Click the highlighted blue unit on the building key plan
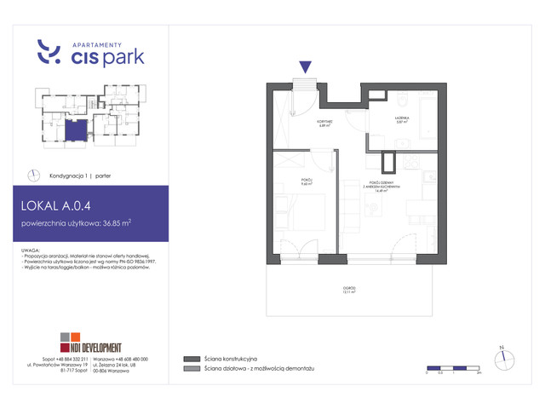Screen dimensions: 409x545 tap(77, 130)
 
